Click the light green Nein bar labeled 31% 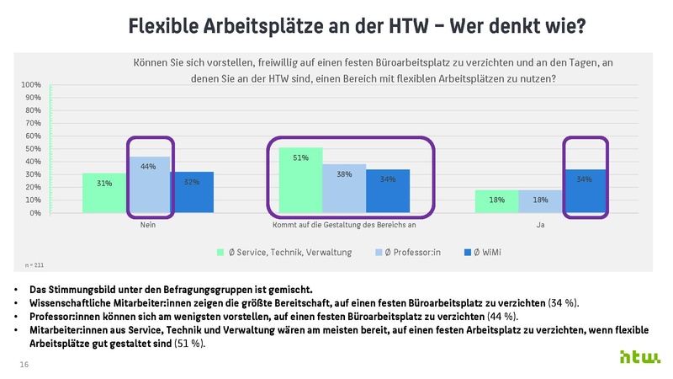(x=104, y=193)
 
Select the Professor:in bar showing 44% (x=148, y=184)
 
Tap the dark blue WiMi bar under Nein (x=192, y=192)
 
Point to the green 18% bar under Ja (x=496, y=201)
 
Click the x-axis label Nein (x=148, y=225)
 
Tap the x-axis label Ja (x=540, y=225)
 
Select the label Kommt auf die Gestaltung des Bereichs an (x=344, y=225)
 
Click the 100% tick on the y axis (x=31, y=85)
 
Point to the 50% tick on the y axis (x=33, y=149)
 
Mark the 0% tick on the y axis (x=34, y=213)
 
